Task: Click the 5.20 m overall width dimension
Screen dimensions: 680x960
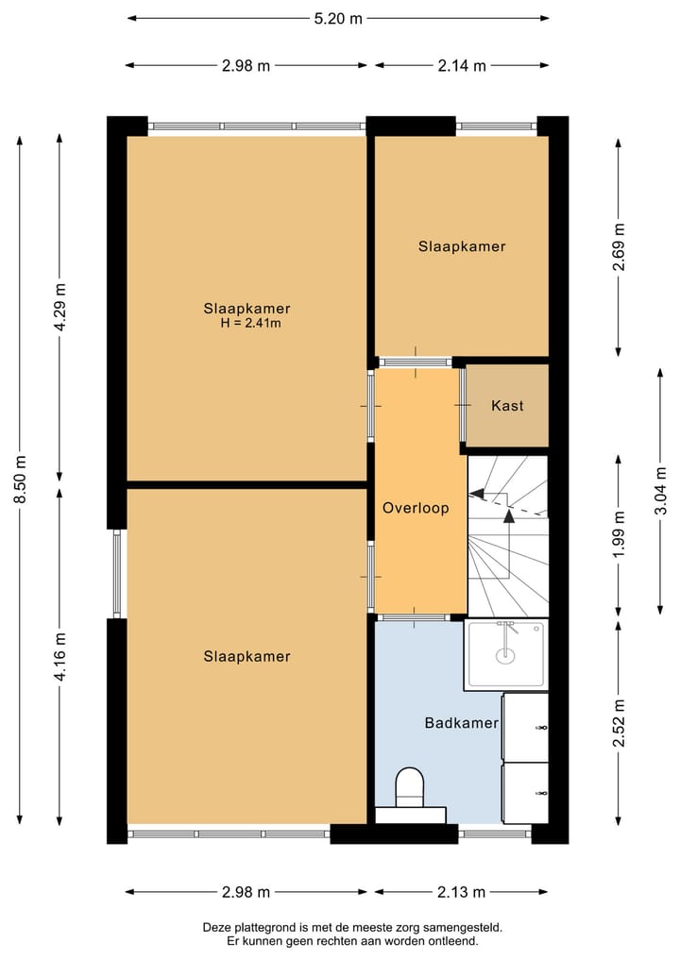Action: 338,18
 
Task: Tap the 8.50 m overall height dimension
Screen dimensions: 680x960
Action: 20,480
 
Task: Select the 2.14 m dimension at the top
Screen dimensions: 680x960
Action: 462,65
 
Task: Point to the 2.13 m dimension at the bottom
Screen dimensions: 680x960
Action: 461,892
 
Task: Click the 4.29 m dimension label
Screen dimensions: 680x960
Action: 60,308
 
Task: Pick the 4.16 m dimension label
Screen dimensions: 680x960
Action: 60,657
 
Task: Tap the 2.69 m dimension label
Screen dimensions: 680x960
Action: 619,246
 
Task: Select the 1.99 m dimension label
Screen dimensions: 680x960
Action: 619,534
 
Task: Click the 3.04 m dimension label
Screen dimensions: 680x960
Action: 660,491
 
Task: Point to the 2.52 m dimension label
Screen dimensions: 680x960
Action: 619,723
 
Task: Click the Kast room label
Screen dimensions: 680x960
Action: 507,405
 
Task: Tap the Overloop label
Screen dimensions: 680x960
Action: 416,508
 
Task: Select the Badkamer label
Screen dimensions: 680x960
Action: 461,723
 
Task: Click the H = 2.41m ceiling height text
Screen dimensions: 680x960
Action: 250,323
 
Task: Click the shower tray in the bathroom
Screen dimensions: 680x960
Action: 506,654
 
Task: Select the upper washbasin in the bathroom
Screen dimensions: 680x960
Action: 526,728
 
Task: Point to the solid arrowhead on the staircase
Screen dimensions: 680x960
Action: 508,515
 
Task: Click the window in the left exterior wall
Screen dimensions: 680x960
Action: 117,573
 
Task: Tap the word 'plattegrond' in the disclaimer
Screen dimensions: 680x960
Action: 262,928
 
